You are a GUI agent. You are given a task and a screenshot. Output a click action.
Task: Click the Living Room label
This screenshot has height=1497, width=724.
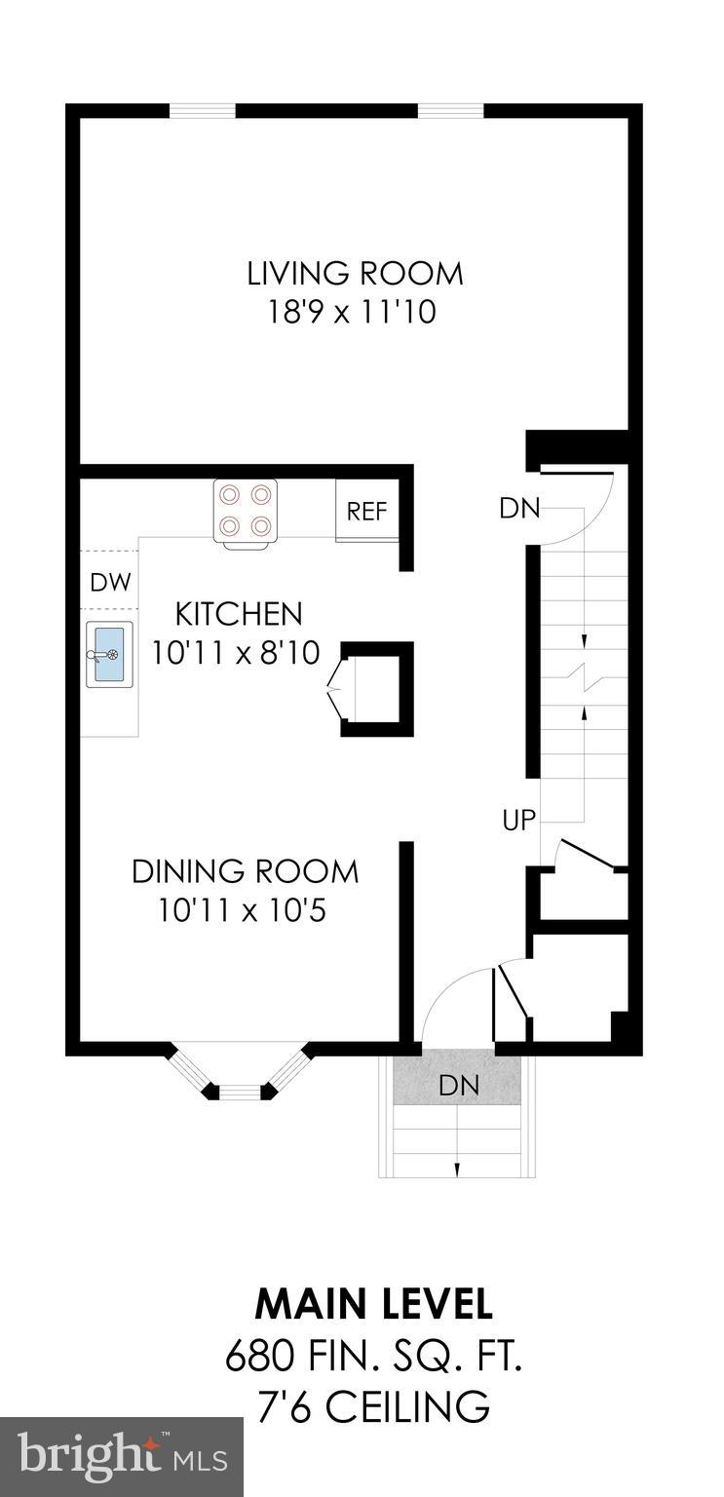(355, 273)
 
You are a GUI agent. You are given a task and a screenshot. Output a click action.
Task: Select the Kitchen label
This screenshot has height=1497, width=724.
(239, 614)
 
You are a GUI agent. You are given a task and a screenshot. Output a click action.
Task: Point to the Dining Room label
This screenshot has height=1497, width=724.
(246, 870)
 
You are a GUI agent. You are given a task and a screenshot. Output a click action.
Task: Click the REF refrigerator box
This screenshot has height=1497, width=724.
(367, 511)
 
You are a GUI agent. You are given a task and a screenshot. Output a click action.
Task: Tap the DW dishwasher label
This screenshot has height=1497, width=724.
(110, 583)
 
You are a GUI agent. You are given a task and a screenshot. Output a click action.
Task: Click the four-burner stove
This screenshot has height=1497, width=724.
(246, 511)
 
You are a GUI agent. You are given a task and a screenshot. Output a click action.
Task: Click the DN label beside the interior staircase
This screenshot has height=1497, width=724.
(519, 508)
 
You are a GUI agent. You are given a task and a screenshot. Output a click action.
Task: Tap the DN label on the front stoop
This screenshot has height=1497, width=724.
(458, 1086)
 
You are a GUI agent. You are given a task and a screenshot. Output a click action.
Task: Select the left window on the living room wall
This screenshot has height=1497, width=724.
(203, 110)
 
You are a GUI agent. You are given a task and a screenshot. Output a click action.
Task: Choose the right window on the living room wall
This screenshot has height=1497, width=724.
(450, 110)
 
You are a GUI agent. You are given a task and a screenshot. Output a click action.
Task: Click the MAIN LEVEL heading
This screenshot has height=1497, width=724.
(373, 1303)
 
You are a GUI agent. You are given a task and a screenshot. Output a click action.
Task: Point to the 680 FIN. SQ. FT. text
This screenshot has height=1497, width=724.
(373, 1356)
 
